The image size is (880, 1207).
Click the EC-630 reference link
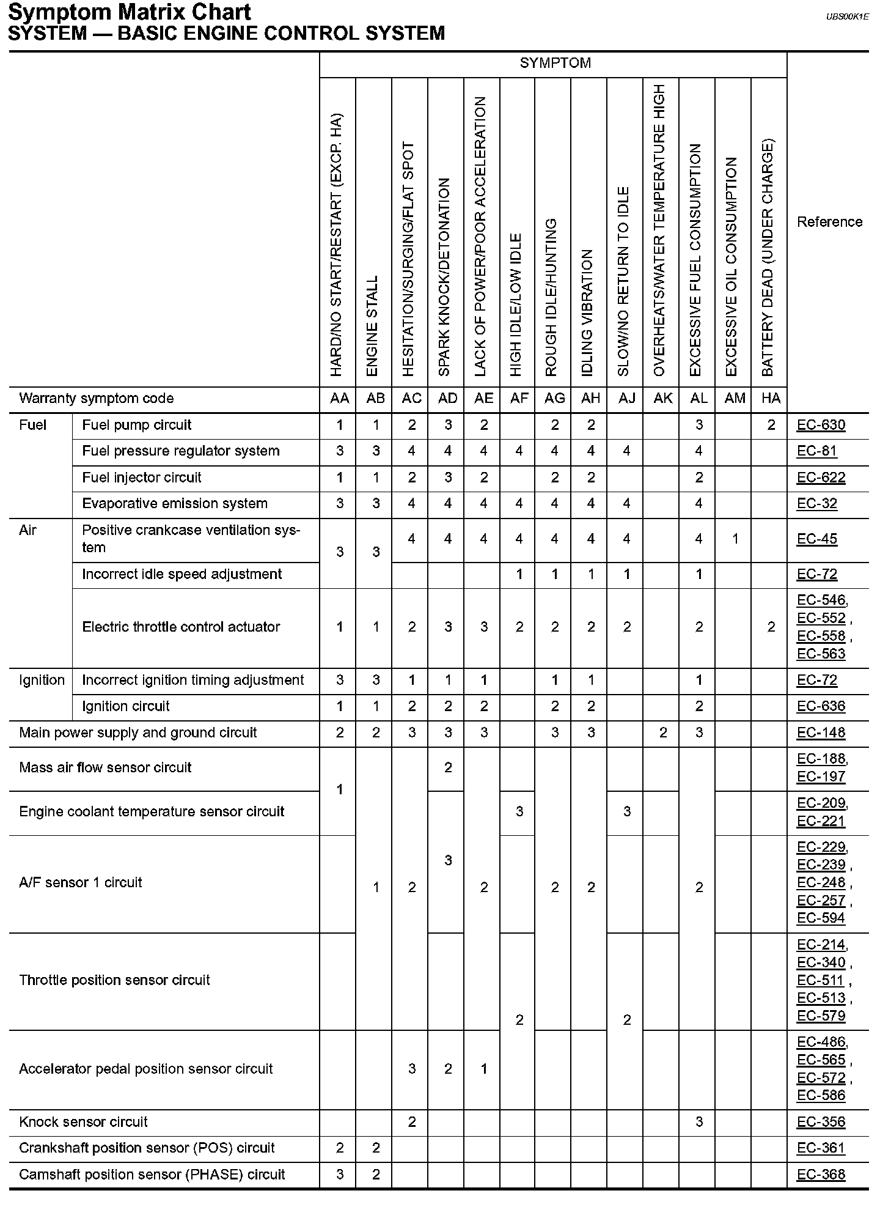click(821, 425)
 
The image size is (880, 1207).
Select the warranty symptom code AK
click(662, 399)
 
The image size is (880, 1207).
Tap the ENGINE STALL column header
click(373, 325)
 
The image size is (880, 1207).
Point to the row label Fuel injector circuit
click(141, 478)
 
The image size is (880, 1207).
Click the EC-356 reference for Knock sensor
click(821, 1122)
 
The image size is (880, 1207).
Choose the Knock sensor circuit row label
click(83, 1122)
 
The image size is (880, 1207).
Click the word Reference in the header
click(829, 222)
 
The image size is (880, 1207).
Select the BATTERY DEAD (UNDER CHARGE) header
click(768, 257)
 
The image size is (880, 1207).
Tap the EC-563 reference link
click(821, 654)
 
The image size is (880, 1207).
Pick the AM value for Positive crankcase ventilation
click(735, 539)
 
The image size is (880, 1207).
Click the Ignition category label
click(42, 680)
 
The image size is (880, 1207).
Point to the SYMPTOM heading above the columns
click(555, 63)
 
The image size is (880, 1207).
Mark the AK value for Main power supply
click(662, 733)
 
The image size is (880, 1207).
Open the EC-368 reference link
click(821, 1175)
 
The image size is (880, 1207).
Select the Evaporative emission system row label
click(175, 504)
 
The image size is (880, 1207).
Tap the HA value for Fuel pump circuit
click(771, 425)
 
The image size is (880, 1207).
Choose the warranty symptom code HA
click(771, 399)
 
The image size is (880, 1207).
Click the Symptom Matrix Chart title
click(130, 12)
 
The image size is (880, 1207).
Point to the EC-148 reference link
click(821, 733)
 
